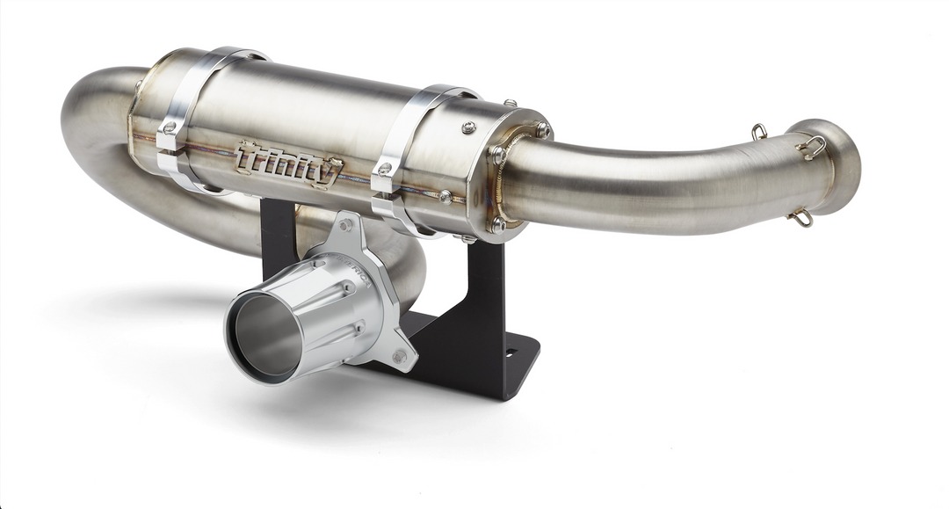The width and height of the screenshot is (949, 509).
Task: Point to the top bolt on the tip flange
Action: coord(345,226)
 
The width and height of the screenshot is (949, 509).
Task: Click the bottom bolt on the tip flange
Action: coord(400,356)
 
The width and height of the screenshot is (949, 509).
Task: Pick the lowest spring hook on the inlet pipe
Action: coord(801,219)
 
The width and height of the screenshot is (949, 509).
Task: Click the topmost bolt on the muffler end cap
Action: coord(509,105)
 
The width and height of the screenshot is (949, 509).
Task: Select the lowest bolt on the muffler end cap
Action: coord(497,225)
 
